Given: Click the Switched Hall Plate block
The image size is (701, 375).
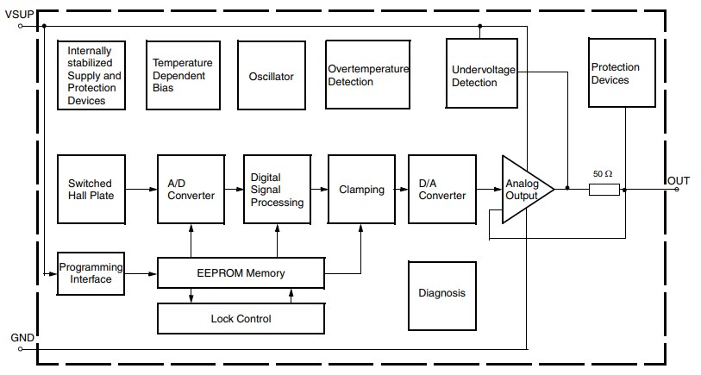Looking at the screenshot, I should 91,189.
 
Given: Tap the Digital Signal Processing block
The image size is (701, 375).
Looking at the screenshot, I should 277,189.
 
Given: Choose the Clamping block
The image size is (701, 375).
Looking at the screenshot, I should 361,189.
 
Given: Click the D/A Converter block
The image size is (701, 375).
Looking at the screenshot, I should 442,189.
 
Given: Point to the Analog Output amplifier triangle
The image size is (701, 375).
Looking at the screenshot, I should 523,189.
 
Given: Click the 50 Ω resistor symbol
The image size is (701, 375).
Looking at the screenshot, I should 604,188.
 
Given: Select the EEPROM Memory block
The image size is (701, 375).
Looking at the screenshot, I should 241,273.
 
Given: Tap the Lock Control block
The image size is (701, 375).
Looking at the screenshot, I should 241,319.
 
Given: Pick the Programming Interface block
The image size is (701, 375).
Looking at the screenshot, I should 91,273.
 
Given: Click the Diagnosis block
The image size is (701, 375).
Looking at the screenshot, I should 441,293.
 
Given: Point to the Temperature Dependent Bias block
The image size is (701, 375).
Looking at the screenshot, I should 182,77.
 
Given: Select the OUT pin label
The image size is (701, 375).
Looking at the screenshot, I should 679,179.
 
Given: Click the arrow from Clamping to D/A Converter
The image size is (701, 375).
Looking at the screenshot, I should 401,189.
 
